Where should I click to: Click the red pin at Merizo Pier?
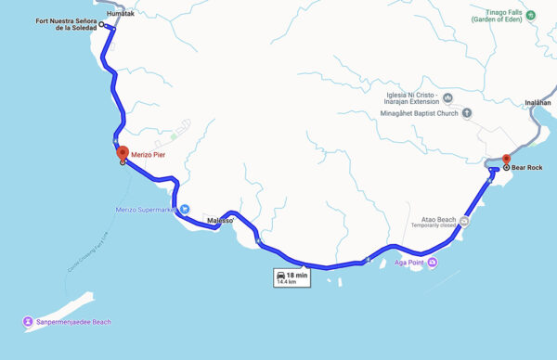point(122,153)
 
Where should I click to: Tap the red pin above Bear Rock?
point(506,160)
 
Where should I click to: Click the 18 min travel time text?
point(296,275)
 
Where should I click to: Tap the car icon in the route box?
point(279,276)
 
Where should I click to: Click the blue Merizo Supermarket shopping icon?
point(184,210)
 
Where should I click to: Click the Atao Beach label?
point(435,218)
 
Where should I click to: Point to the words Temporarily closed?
point(434,225)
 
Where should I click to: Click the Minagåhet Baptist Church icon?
point(467,114)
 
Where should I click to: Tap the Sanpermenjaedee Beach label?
point(73,322)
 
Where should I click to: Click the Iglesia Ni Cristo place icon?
point(448,96)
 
